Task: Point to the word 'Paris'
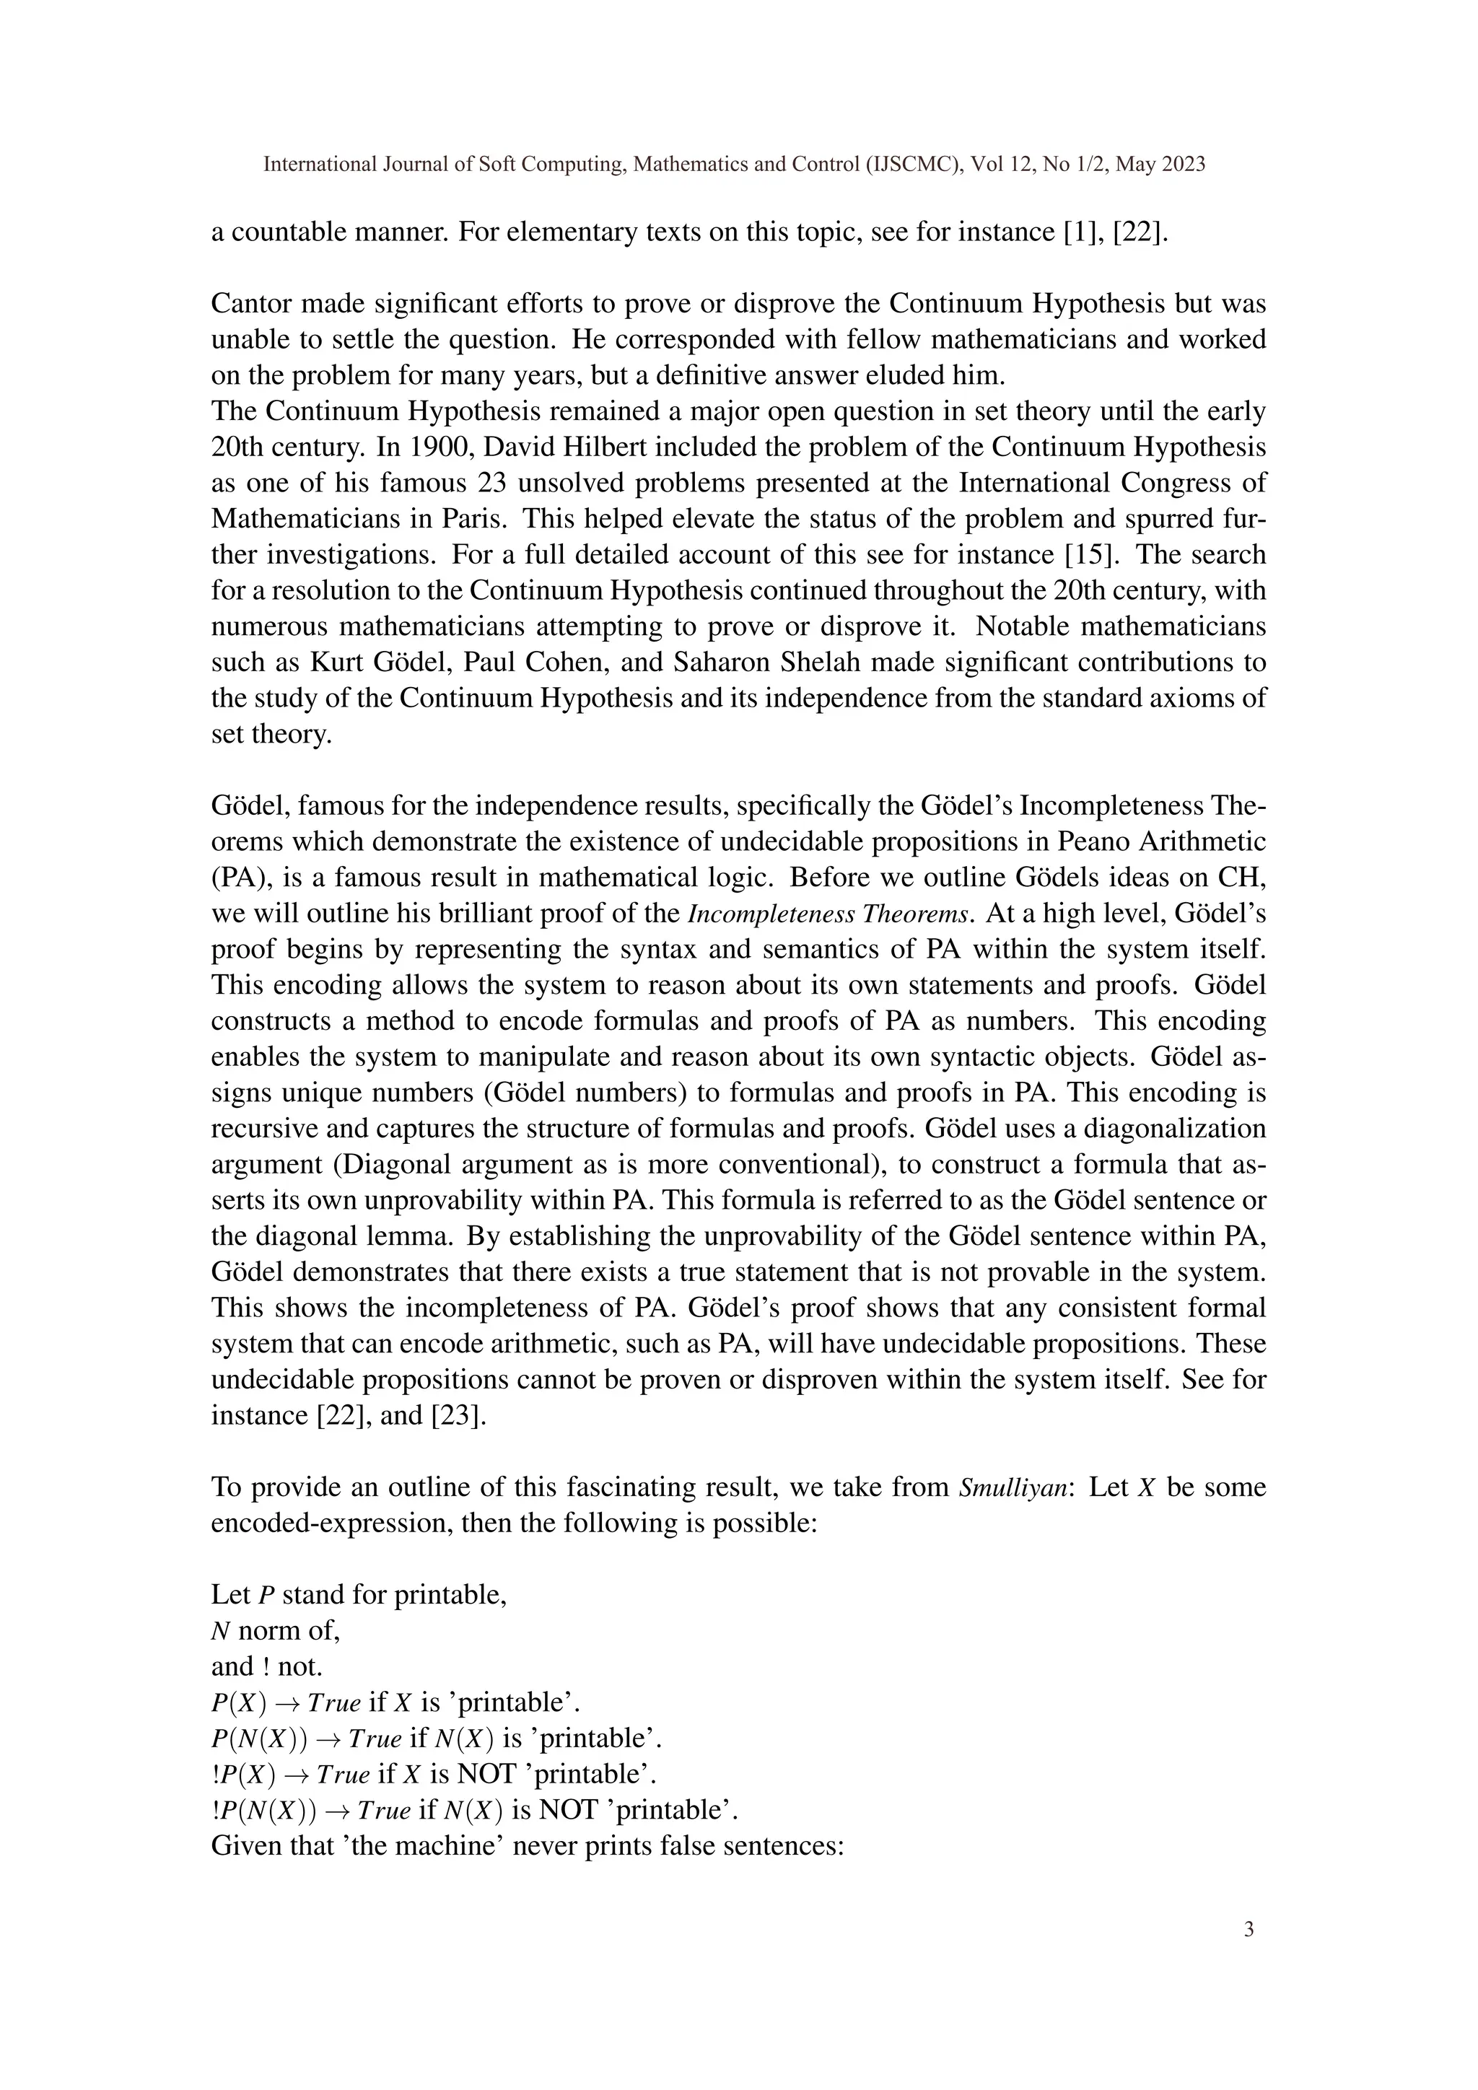473,519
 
